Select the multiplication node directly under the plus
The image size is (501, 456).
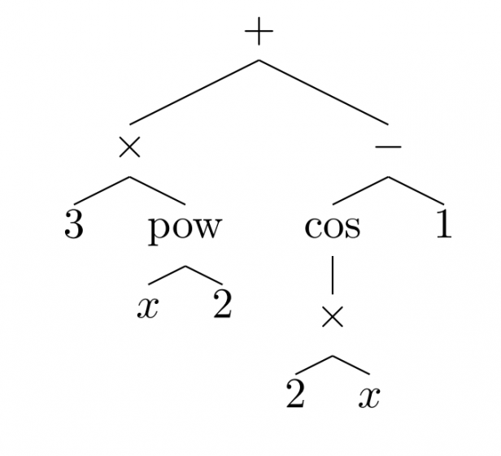point(129,147)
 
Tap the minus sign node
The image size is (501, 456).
point(389,147)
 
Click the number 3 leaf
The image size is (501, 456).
point(73,225)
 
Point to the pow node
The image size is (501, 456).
point(185,227)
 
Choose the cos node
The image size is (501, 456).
point(332,227)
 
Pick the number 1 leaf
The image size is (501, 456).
point(443,225)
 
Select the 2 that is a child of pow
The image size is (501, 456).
point(222,306)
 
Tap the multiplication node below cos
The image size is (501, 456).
point(332,317)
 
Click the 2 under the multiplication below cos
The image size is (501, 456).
point(295,395)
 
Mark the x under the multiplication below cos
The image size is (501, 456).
point(370,397)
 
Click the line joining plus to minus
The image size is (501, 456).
point(324,92)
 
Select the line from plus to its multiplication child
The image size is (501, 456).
point(194,92)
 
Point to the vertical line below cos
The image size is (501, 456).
point(332,274)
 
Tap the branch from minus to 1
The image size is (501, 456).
point(416,190)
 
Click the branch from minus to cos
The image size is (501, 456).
point(360,190)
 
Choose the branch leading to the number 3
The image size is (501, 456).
point(102,190)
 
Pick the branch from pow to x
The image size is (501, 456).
point(167,275)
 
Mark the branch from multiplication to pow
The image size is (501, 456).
point(157,190)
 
